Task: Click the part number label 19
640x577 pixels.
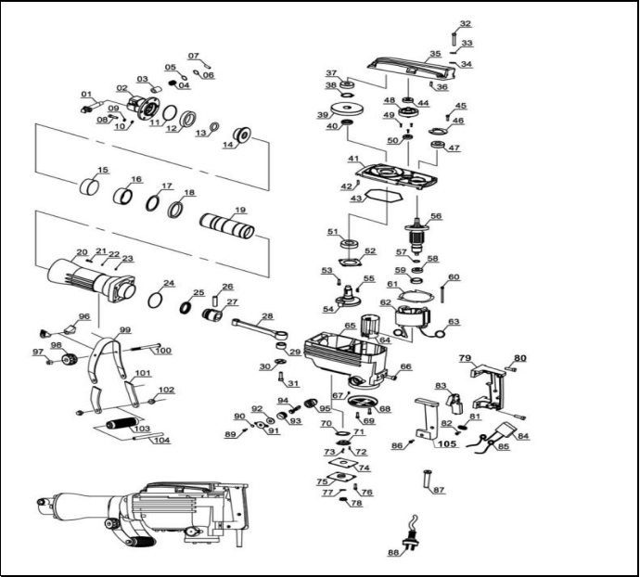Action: (x=240, y=210)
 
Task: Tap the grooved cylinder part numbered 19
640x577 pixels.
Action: (x=227, y=226)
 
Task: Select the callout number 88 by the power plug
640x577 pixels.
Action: (x=393, y=553)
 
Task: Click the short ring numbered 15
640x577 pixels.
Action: (x=91, y=186)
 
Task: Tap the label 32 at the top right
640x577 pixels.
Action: (x=465, y=24)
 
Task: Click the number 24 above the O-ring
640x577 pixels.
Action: (x=169, y=283)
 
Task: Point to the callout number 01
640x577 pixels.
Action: (x=86, y=95)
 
